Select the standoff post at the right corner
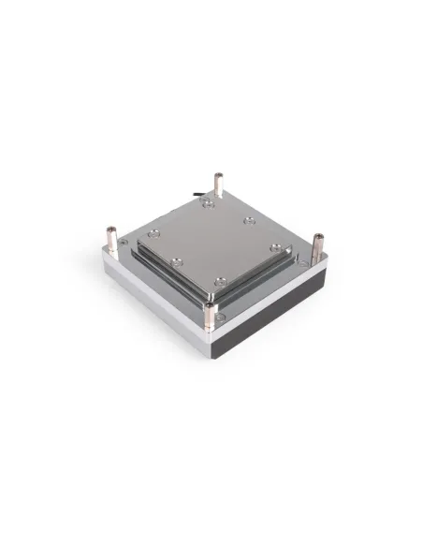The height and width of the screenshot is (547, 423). (x=317, y=246)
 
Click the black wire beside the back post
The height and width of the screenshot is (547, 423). (x=201, y=195)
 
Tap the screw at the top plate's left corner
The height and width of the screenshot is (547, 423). (x=154, y=235)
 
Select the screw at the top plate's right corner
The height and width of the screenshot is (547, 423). (x=275, y=247)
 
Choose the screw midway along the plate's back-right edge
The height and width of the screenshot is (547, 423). (x=249, y=221)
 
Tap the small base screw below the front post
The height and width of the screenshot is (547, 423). (x=221, y=318)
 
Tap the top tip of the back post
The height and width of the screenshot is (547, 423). (x=218, y=175)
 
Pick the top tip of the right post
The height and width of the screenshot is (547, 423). (x=317, y=235)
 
